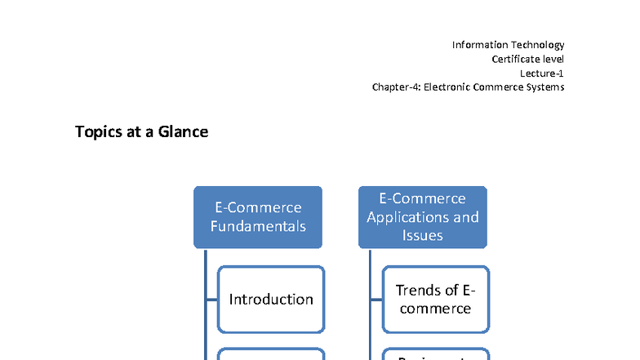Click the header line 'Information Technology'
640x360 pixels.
pos(508,45)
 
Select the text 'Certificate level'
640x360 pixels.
pos(527,59)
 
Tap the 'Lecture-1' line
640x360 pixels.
pos(541,73)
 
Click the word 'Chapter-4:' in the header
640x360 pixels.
pos(396,87)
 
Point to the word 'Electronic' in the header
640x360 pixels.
pos(448,87)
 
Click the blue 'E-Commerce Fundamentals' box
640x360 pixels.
pos(258,217)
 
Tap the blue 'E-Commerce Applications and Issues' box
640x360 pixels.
pos(423,217)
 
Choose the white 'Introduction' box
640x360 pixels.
pos(271,300)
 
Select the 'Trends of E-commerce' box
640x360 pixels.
pos(436,300)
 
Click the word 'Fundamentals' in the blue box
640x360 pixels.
pos(258,226)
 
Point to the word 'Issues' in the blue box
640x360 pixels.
pos(423,235)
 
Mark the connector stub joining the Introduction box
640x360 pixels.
pos(211,300)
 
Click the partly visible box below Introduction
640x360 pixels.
pos(271,354)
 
